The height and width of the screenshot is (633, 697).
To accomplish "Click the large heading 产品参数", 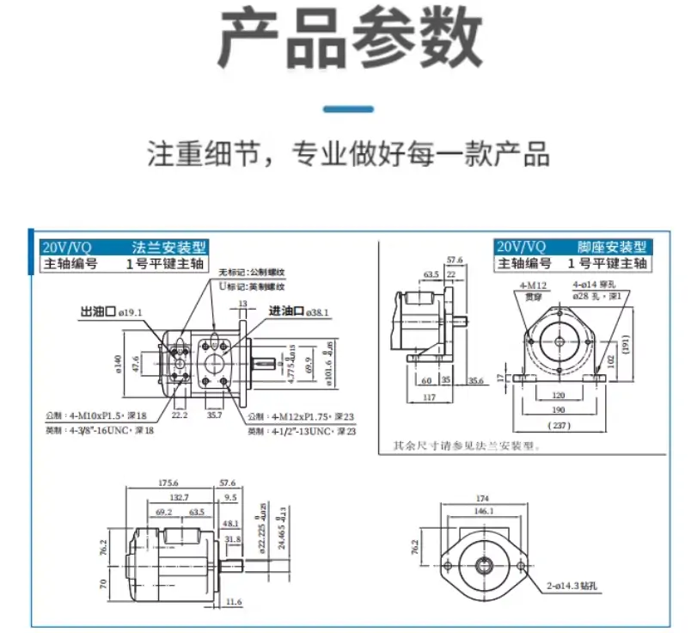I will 348,40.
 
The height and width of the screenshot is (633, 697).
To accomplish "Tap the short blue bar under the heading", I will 348,109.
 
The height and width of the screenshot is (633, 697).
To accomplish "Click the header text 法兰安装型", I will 168,247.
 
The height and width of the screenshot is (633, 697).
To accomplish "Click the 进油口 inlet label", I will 286,311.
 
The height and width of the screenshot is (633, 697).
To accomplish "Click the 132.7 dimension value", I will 179,498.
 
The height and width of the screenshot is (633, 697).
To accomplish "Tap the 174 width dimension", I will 483,499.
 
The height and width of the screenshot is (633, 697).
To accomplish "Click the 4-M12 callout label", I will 533,285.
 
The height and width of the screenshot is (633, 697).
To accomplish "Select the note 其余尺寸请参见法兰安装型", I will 463,446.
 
